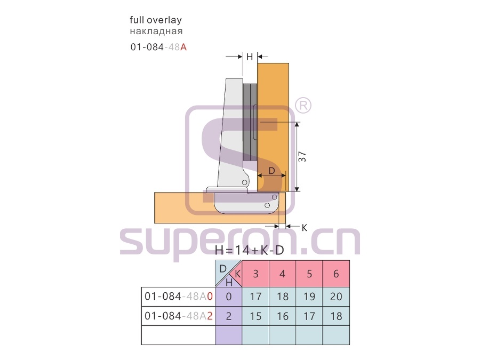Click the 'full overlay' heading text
pyautogui.click(x=156, y=20)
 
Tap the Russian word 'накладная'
pyautogui.click(x=156, y=31)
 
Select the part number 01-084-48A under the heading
pyautogui.click(x=158, y=47)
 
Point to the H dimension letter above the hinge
pyautogui.click(x=250, y=57)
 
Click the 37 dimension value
pyautogui.click(x=302, y=157)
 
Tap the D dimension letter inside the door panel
pyautogui.click(x=271, y=171)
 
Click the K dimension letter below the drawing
pyautogui.click(x=305, y=228)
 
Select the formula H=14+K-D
pyautogui.click(x=250, y=251)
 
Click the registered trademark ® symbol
pyautogui.click(x=303, y=106)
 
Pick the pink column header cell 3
pyautogui.click(x=255, y=274)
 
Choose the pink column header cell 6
pyautogui.click(x=336, y=274)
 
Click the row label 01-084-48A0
pyautogui.click(x=179, y=297)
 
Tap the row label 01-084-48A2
pyautogui.click(x=179, y=316)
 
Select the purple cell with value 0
pyautogui.click(x=229, y=297)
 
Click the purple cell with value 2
pyautogui.click(x=229, y=316)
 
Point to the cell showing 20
pyautogui.click(x=336, y=297)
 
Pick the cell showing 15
pyautogui.click(x=255, y=316)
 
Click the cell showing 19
pyautogui.click(x=309, y=297)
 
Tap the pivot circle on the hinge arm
pyautogui.click(x=245, y=182)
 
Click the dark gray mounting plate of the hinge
pyautogui.click(x=250, y=123)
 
